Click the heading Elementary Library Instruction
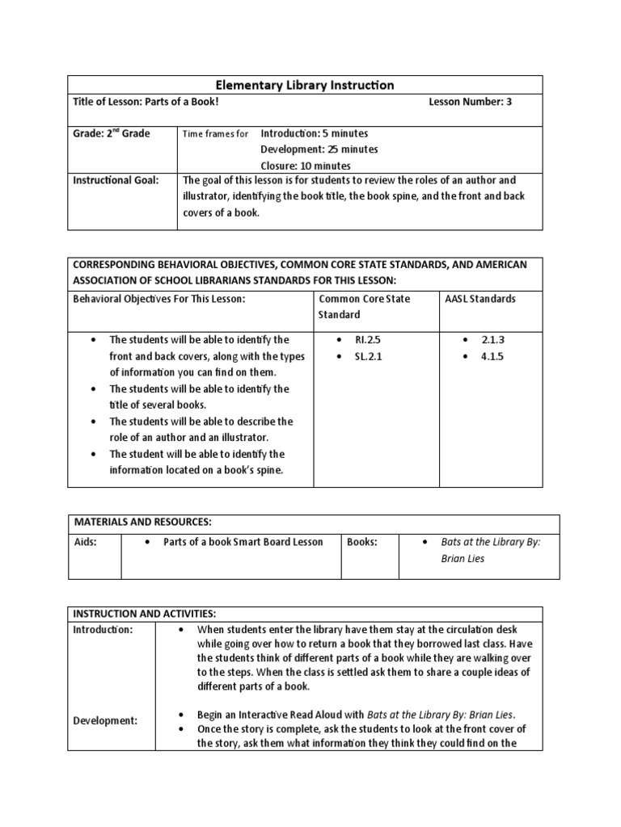pos(304,85)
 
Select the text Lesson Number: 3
pos(469,103)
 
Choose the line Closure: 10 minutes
pos(305,166)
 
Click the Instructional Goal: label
pos(116,180)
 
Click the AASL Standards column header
pos(480,299)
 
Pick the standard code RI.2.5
pos(367,340)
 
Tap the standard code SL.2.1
pos(367,356)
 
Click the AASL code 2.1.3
pos(491,340)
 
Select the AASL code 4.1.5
pos(491,356)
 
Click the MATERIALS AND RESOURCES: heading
pos(142,523)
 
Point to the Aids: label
pos(85,542)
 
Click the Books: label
pos(361,542)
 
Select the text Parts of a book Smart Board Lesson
pos(243,542)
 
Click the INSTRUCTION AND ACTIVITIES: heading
pos(144,614)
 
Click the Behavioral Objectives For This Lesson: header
pos(158,299)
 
